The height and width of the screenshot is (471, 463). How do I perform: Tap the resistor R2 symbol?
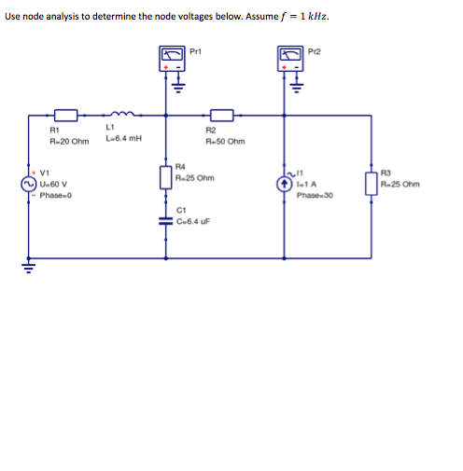(x=220, y=115)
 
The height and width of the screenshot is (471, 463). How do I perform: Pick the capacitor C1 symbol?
(x=166, y=220)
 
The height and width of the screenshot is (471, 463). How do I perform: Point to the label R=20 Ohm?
(x=68, y=142)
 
